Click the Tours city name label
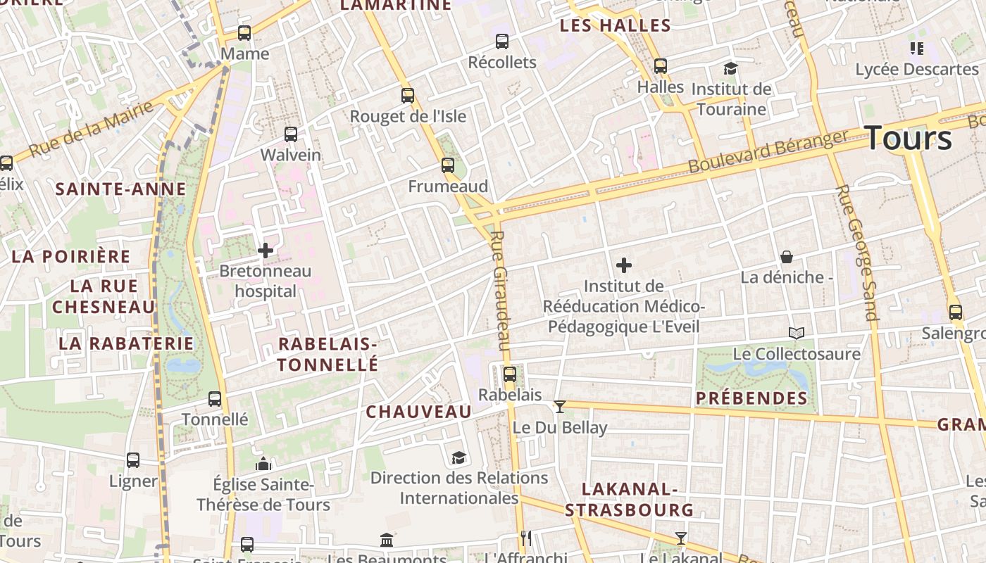[x=909, y=137]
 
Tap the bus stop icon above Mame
[x=244, y=33]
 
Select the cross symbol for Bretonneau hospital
[x=266, y=251]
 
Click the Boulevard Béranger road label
[x=768, y=151]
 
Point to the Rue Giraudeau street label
[x=499, y=290]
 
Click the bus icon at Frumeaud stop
[x=448, y=165]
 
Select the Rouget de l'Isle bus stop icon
[x=408, y=96]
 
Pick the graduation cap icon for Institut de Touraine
[x=731, y=69]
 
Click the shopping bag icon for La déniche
[x=787, y=257]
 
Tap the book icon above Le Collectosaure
[x=797, y=334]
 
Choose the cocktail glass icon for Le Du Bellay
[x=560, y=406]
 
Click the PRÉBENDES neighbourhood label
[x=751, y=398]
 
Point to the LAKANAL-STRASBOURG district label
[x=629, y=499]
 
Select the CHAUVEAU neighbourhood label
[x=418, y=412]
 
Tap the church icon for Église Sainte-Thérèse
[x=263, y=464]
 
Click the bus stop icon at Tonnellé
[x=215, y=399]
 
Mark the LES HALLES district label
[x=615, y=26]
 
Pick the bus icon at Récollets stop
[x=502, y=42]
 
